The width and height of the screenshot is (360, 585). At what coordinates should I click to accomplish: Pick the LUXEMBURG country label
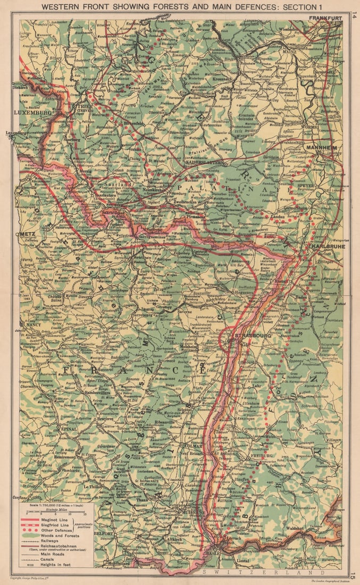point(30,113)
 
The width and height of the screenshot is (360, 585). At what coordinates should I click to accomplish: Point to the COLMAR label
point(190,445)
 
